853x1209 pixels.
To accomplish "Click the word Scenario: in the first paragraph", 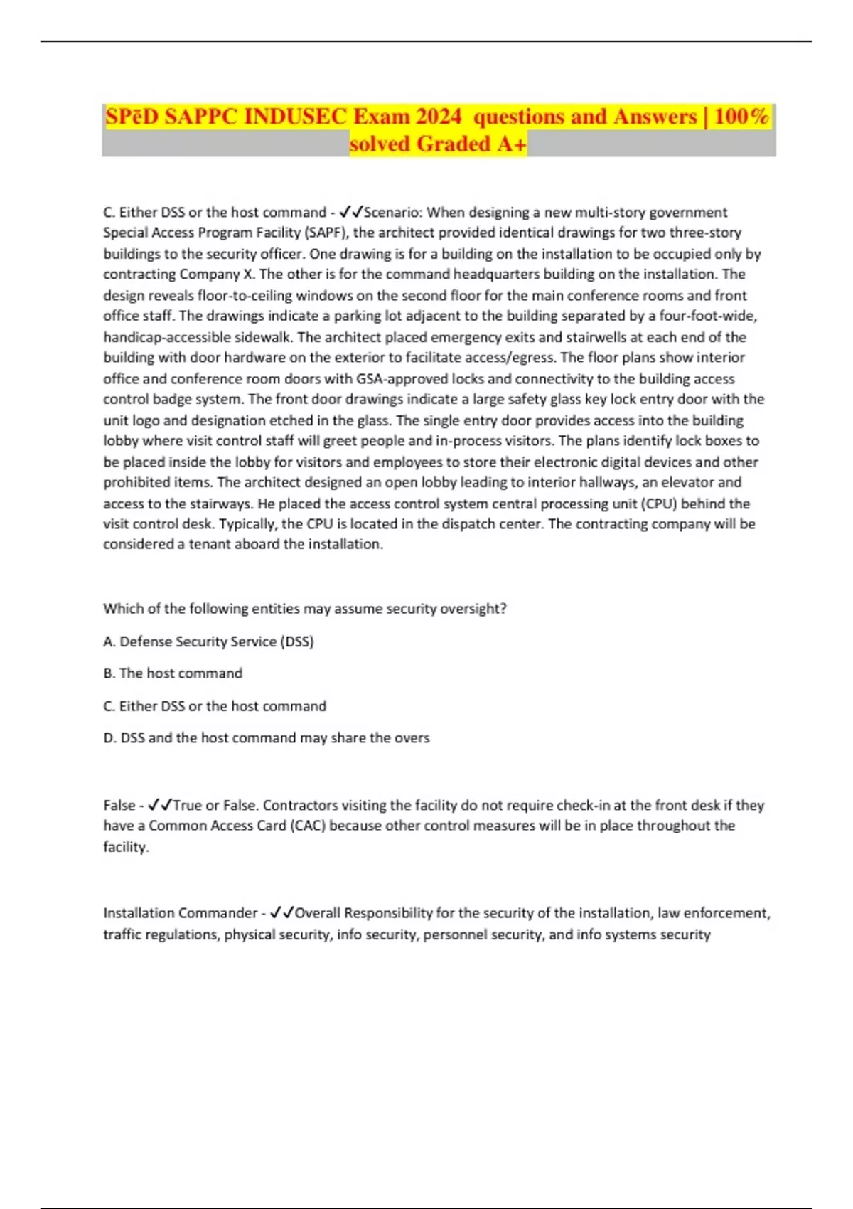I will click(393, 213).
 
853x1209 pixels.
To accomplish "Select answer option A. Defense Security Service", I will click(208, 641).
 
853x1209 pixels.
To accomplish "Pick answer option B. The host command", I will click(173, 673).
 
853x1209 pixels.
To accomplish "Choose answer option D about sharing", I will click(266, 738).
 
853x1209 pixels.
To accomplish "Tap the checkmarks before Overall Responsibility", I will click(282, 913).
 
